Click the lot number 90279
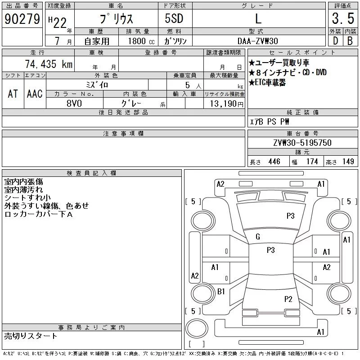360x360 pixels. click(22, 19)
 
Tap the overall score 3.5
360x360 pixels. click(342, 19)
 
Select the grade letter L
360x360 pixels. click(258, 19)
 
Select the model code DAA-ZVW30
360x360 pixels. click(258, 41)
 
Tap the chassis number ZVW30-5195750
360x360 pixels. click(302, 143)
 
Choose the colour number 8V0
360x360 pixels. click(75, 103)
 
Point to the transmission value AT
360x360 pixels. click(13, 94)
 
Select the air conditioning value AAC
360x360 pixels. click(35, 94)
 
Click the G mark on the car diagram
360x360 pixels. click(258, 237)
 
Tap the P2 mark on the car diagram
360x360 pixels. click(288, 299)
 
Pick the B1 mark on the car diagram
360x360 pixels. click(221, 292)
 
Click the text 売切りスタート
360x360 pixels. click(31, 336)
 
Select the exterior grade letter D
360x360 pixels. click(335, 41)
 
